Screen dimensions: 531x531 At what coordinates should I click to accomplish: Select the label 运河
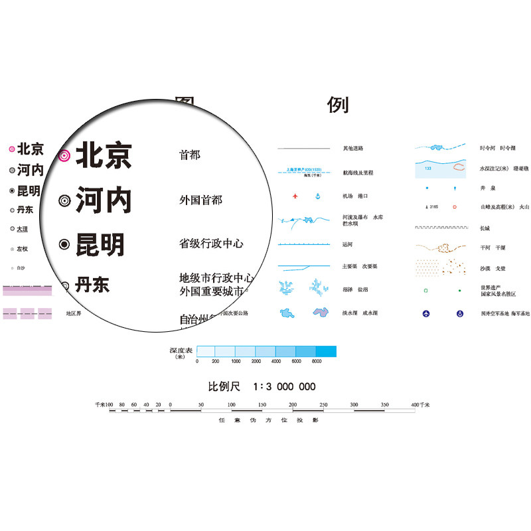(348, 244)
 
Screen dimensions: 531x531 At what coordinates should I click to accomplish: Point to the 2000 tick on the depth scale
(256, 361)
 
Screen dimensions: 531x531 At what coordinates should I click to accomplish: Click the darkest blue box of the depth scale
(326, 351)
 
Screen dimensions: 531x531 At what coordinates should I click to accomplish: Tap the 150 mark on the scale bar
(262, 404)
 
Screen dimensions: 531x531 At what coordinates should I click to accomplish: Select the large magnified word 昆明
(100, 244)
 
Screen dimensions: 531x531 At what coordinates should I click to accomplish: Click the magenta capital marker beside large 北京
(64, 156)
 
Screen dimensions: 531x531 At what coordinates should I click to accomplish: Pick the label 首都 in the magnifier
(190, 155)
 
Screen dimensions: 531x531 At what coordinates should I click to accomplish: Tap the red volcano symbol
(455, 207)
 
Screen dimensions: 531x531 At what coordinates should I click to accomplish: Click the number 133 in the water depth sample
(427, 169)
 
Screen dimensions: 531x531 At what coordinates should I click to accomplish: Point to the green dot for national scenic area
(459, 290)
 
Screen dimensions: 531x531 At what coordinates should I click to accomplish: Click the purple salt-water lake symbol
(320, 312)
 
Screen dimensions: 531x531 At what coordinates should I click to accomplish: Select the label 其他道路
(353, 148)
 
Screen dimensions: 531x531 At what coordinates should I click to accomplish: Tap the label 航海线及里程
(358, 173)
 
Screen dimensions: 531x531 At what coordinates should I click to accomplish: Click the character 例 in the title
(338, 105)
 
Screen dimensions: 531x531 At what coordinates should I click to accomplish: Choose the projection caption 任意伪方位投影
(269, 420)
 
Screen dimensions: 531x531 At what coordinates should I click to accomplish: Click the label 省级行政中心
(211, 244)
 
